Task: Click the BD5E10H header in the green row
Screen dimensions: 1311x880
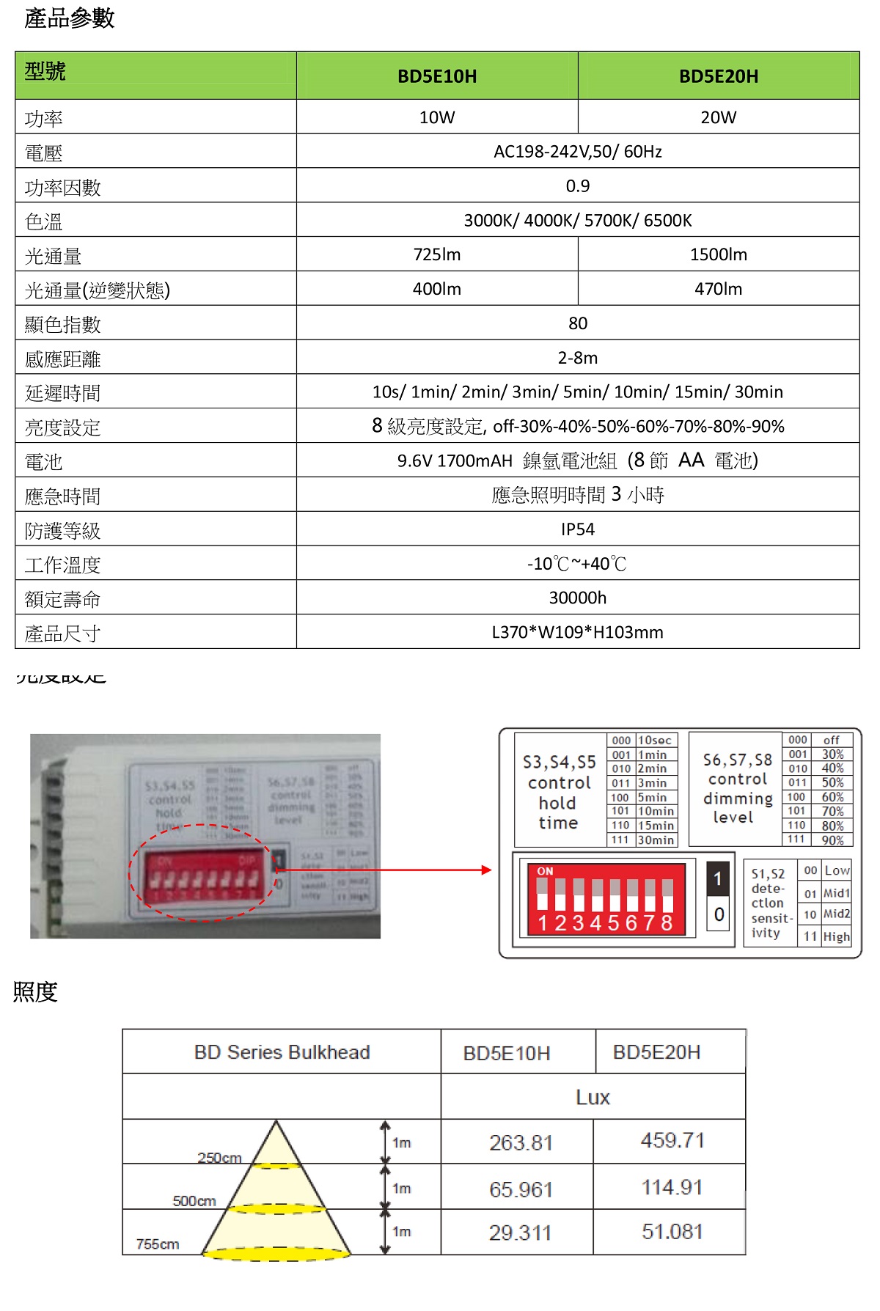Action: [x=437, y=76]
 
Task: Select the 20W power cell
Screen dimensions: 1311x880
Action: [x=718, y=117]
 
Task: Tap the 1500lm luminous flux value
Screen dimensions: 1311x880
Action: [x=718, y=254]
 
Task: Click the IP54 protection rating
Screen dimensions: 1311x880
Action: [x=578, y=529]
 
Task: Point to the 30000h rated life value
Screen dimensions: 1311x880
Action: [x=578, y=598]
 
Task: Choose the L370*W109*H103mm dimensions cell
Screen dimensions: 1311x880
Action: [x=578, y=632]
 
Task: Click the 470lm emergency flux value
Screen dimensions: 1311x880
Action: [x=718, y=289]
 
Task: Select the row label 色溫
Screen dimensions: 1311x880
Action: [x=44, y=221]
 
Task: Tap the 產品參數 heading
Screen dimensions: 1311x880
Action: [x=70, y=18]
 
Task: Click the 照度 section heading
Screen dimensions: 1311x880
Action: [x=35, y=992]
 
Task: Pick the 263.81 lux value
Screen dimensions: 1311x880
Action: [x=521, y=1142]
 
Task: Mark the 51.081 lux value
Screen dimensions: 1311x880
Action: [x=672, y=1231]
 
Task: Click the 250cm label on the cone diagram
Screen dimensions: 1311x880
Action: [x=219, y=1158]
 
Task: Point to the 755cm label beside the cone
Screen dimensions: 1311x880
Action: [x=158, y=1244]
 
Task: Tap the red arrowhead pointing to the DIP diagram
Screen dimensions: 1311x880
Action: [x=486, y=870]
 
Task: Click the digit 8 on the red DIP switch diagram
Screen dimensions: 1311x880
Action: [x=667, y=922]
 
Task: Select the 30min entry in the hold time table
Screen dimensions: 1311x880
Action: [x=656, y=840]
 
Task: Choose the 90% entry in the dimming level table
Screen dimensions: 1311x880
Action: [x=832, y=840]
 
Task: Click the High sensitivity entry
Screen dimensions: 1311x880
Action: [x=836, y=936]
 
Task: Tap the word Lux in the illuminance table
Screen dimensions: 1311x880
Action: [x=593, y=1097]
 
